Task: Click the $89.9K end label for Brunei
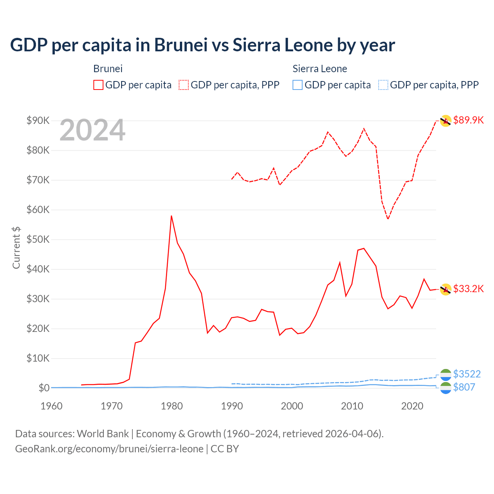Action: pos(468,120)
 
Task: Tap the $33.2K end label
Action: pos(468,289)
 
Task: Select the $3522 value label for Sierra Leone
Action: pos(467,374)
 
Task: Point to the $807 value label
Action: pos(464,387)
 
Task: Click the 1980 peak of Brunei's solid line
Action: pos(171,216)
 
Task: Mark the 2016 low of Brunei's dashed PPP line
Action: pos(388,219)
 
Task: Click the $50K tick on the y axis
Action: pos(38,240)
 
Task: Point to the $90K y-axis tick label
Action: pos(38,120)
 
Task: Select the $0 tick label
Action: pos(44,388)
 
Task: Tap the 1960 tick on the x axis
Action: pos(52,406)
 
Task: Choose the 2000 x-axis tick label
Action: pos(292,406)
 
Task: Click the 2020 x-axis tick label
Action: pos(412,406)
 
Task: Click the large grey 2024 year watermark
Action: pos(92,130)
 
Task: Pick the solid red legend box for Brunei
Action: pos(98,85)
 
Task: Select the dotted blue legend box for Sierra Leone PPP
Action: pos(383,85)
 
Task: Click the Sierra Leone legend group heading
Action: pos(320,69)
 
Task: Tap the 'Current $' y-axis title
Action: pos(16,247)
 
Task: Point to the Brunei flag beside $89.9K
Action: pos(446,121)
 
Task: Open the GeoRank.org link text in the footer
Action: pos(109,449)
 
